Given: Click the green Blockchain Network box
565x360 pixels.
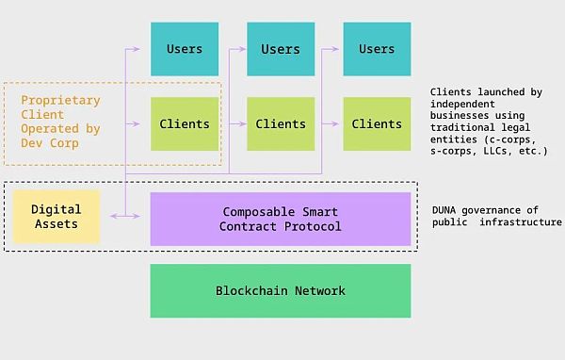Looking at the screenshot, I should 281,290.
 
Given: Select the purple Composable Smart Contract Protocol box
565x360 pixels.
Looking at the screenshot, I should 281,219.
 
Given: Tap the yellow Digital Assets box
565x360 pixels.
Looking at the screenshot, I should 56,217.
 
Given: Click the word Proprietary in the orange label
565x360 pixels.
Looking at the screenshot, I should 60,100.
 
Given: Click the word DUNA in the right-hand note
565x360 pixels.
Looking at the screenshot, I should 447,209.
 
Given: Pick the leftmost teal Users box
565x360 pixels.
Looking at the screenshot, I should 185,49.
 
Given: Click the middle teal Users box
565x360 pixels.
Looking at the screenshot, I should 280,49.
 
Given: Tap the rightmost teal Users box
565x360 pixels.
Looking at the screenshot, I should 377,49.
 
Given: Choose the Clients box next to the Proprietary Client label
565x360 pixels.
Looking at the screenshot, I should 185,123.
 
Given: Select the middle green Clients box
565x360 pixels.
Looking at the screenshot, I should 280,123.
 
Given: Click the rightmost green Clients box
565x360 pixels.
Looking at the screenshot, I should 377,123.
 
